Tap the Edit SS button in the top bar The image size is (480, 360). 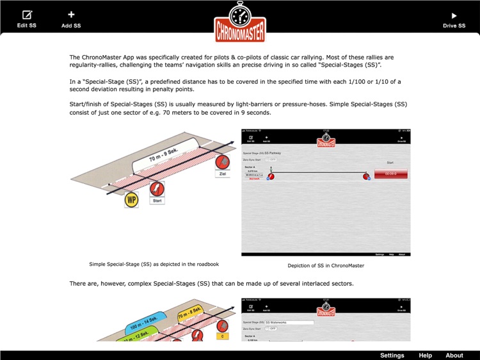26,19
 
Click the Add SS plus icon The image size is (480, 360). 71,19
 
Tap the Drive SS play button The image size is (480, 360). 454,19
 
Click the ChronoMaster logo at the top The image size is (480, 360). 239,22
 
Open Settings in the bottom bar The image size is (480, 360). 392,356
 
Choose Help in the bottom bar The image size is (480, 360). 425,356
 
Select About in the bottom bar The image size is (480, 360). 454,356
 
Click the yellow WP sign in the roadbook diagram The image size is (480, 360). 132,199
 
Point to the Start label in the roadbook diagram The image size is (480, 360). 157,201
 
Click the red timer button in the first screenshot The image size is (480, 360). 390,174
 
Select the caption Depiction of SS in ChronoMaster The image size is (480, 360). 326,265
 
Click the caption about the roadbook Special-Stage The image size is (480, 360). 154,263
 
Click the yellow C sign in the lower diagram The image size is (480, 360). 222,335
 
